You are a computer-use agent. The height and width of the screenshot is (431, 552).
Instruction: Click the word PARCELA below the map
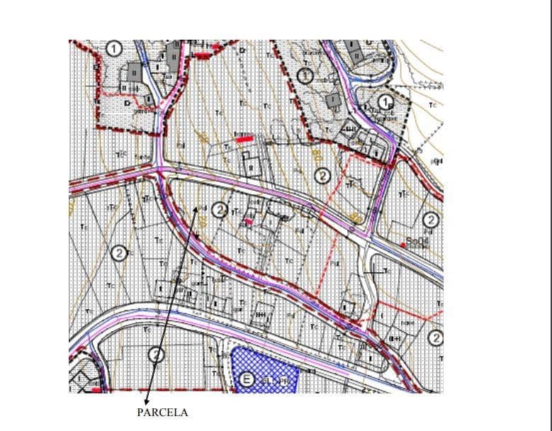162,413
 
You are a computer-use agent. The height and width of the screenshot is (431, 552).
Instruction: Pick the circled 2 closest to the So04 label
429,220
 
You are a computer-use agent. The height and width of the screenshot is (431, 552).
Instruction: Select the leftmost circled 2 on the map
120,253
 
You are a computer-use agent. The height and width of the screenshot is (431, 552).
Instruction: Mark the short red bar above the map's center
244,139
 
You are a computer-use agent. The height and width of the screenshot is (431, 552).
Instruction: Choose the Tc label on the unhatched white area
432,106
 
